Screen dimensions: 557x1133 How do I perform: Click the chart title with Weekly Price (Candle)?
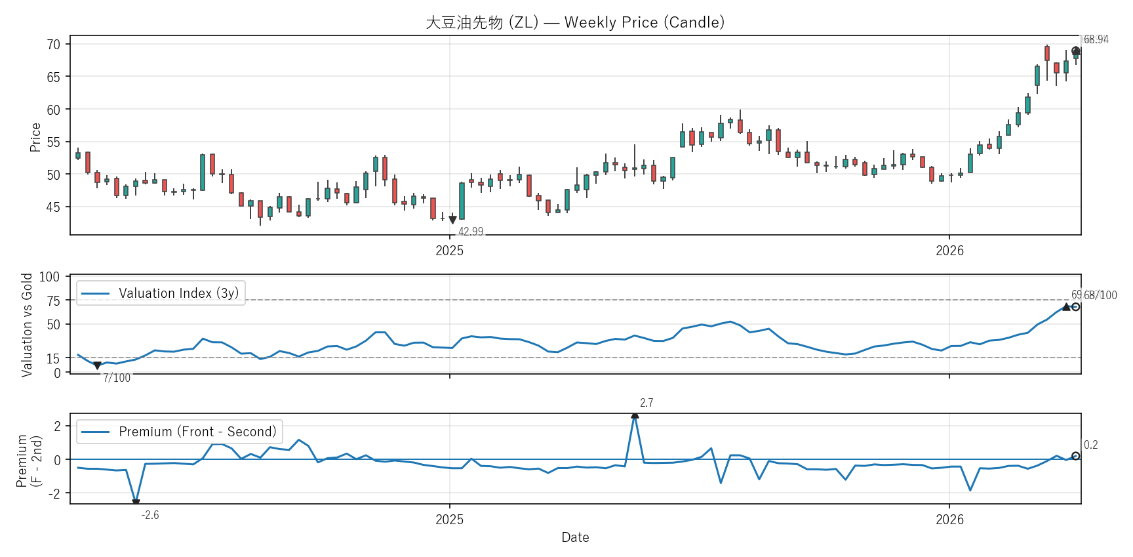(575, 22)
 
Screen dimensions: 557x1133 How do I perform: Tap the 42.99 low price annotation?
(471, 231)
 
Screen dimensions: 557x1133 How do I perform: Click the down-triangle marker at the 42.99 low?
(452, 220)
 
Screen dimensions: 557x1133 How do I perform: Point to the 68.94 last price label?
(1096, 39)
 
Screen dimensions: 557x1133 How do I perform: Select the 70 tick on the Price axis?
(53, 45)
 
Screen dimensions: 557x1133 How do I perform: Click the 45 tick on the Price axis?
(53, 207)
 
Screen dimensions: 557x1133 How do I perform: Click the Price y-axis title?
(35, 137)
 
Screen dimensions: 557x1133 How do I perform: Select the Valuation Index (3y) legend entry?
(161, 293)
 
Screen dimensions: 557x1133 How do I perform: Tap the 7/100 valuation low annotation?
(117, 378)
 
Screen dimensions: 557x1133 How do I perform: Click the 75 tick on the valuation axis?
(53, 300)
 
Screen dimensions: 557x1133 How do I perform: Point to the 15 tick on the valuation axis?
(53, 358)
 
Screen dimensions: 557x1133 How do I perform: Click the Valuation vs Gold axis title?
(27, 325)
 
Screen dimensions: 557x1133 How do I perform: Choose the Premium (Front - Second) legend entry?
(180, 432)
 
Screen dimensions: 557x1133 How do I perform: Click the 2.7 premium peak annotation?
(646, 403)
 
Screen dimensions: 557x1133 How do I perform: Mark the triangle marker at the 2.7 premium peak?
(635, 415)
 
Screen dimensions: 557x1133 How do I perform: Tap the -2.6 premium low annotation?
(150, 515)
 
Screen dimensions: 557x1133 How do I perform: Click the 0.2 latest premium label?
(1091, 445)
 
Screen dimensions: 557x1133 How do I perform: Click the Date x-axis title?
(575, 537)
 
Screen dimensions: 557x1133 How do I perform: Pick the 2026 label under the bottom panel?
(949, 520)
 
